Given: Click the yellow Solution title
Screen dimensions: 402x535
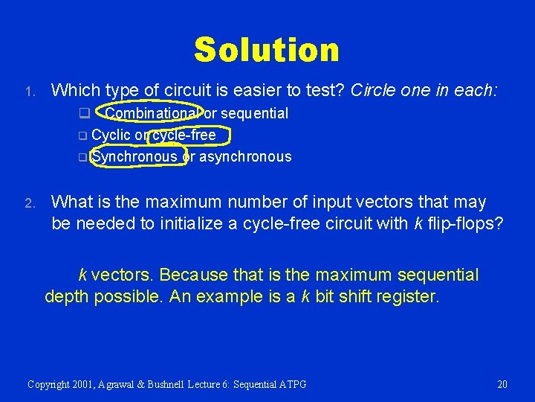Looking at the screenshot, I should [x=267, y=50].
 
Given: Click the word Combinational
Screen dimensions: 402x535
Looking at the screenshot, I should [x=152, y=113].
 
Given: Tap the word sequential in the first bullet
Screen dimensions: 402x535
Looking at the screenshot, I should [x=252, y=113].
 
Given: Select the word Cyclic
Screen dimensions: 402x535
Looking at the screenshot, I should [x=111, y=135].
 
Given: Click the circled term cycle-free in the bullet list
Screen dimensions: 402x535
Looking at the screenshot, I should [x=184, y=135].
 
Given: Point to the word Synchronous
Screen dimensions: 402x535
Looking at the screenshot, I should [x=134, y=156].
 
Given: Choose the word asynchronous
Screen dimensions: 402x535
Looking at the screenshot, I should [x=245, y=156].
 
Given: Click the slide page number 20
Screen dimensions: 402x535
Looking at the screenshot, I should [x=502, y=384].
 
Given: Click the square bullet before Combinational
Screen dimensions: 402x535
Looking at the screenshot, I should [x=84, y=114].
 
